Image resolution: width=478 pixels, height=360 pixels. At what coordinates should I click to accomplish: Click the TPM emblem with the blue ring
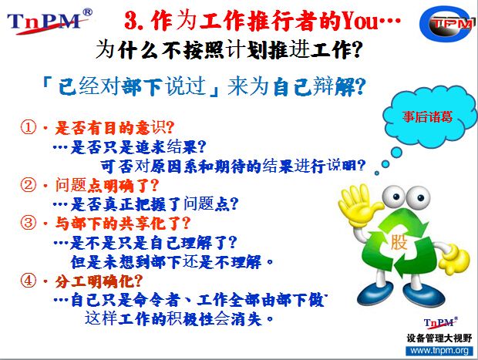[448, 24]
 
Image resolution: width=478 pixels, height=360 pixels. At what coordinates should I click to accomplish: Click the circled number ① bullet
[29, 126]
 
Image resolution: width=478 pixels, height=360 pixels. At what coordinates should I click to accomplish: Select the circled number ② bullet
[29, 185]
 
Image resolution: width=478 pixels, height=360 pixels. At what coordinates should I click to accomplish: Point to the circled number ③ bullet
[29, 222]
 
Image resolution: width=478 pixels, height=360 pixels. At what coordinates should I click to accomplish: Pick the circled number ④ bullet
[29, 280]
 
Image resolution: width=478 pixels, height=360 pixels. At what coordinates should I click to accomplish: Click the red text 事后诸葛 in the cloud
[427, 116]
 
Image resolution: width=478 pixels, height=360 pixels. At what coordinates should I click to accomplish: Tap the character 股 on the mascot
[399, 242]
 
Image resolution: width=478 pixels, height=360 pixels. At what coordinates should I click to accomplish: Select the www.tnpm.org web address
[439, 350]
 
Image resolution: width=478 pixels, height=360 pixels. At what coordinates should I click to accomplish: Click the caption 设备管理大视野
[439, 338]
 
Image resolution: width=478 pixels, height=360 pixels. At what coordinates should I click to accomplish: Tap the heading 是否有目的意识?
[114, 127]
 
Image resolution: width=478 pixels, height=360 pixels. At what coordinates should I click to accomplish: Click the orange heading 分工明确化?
[99, 281]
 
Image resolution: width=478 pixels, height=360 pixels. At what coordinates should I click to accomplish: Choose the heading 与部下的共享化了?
[123, 223]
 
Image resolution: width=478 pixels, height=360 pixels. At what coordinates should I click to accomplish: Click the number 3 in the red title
[131, 21]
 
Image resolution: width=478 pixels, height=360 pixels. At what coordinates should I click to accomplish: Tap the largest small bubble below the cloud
[396, 152]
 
